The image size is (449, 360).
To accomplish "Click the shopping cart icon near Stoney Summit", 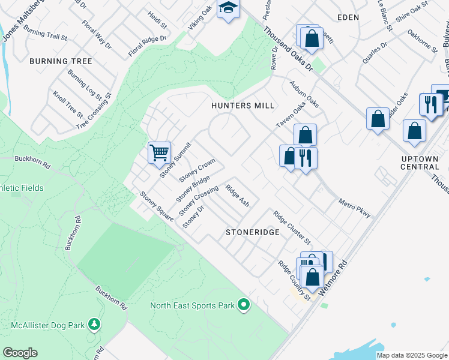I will tap(159, 152).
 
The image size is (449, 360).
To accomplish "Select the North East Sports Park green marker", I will tap(243, 305).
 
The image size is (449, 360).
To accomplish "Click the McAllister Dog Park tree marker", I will tap(94, 325).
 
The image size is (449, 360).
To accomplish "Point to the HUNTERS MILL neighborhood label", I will tap(243, 106).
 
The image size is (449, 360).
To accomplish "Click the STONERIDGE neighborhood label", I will tap(252, 232).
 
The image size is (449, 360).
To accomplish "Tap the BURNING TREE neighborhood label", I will tap(61, 61).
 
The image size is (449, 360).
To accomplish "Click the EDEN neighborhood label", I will tap(348, 17).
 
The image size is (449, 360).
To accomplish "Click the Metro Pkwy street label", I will tap(354, 208).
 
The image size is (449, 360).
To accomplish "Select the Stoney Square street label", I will tap(157, 206).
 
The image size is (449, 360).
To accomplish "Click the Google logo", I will tap(20, 353).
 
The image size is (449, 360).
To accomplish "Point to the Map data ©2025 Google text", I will tap(412, 355).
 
